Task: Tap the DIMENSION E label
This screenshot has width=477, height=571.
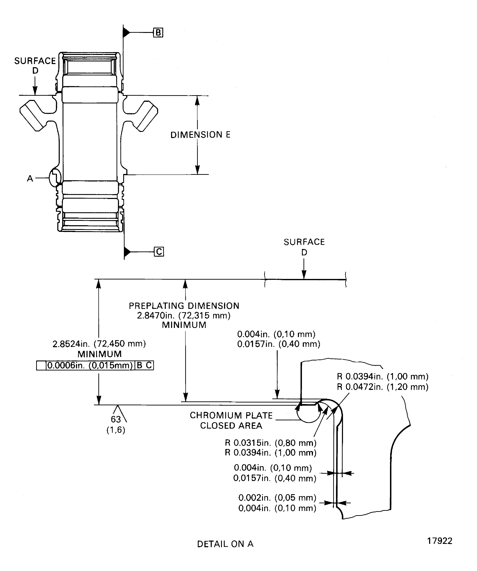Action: point(200,135)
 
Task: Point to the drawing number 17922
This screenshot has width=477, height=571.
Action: point(440,541)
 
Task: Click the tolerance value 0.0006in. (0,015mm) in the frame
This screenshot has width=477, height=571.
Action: point(90,365)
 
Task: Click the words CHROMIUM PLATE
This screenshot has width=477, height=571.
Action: point(231,415)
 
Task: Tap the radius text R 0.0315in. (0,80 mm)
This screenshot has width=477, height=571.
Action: point(271,443)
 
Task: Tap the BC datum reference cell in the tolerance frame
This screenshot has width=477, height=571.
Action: point(144,365)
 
